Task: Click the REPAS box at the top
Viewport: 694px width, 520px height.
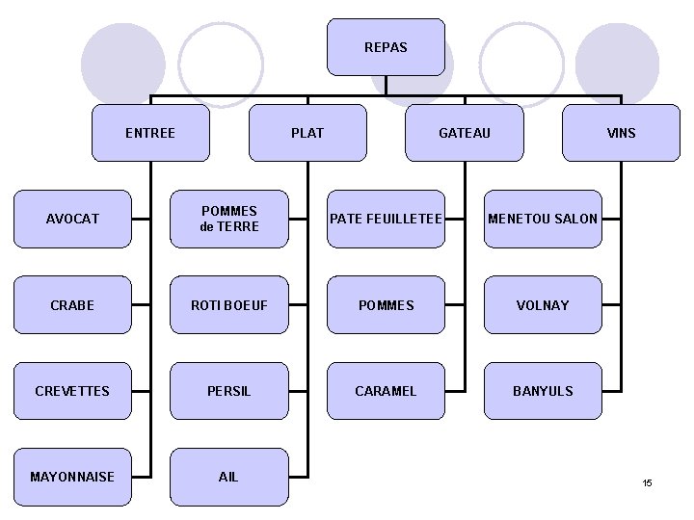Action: (386, 47)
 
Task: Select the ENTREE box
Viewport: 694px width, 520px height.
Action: (150, 133)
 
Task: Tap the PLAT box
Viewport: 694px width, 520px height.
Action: (307, 133)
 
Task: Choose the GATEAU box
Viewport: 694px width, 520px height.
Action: (464, 133)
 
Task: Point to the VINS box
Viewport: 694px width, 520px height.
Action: (621, 133)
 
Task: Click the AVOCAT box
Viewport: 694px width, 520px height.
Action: (72, 219)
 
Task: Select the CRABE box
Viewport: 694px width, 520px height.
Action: (72, 305)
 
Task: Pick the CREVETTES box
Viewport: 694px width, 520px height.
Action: (72, 391)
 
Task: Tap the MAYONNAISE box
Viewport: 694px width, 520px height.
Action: (72, 477)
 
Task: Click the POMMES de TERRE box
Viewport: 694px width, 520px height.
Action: (228, 219)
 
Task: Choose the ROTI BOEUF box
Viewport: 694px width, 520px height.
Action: (228, 305)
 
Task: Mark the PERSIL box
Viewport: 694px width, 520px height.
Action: (228, 391)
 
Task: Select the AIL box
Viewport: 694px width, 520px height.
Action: (228, 477)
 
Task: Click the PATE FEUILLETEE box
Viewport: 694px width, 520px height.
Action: (386, 219)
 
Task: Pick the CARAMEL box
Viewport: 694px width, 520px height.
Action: (386, 391)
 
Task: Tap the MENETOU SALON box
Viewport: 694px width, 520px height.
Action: (543, 219)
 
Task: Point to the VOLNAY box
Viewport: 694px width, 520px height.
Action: (543, 305)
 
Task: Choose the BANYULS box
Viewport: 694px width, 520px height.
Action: (543, 391)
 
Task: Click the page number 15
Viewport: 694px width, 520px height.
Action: (648, 482)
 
